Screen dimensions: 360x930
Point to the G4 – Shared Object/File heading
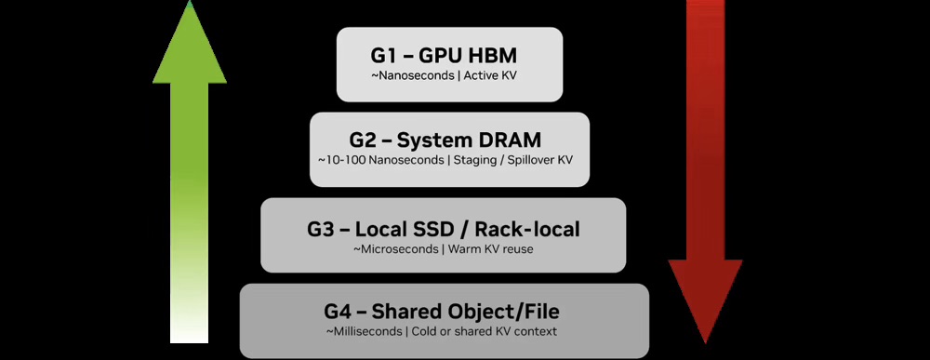coord(442,312)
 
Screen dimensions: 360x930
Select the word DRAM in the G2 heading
coord(509,141)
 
